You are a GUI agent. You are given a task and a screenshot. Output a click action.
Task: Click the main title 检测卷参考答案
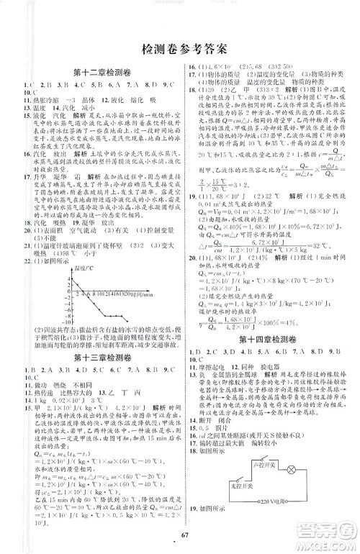(x=179, y=49)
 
